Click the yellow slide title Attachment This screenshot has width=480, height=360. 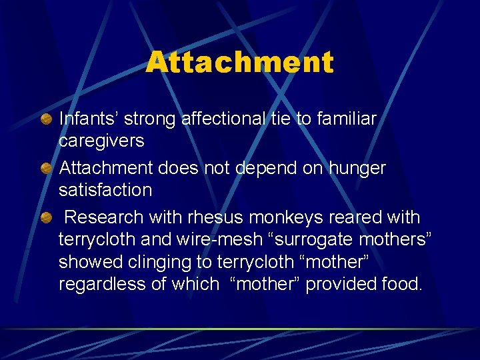pos(239,63)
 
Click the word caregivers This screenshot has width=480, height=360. pos(101,141)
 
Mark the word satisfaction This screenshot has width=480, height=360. pos(105,190)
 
